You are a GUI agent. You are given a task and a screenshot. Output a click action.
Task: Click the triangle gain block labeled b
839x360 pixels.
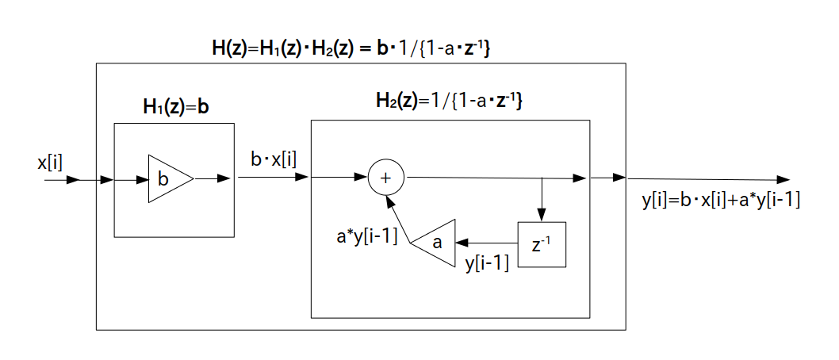167,179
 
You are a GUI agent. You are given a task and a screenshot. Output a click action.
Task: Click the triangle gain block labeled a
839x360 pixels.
435,243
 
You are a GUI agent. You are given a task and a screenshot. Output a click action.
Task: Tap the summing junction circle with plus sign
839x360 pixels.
386,179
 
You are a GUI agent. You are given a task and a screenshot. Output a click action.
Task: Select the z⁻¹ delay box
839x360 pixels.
542,245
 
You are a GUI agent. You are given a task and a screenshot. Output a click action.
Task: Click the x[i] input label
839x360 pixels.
50,163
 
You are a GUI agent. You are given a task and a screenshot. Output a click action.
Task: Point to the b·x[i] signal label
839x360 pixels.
274,159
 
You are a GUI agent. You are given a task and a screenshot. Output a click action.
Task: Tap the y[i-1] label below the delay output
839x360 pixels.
487,262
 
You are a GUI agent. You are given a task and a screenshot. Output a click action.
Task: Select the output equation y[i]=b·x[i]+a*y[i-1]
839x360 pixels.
720,201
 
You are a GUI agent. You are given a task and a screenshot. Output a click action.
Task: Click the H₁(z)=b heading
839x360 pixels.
177,107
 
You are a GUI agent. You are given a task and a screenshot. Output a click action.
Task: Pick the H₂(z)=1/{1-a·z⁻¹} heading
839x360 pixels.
448,102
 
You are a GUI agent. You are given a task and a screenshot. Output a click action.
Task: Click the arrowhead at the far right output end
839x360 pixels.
783,180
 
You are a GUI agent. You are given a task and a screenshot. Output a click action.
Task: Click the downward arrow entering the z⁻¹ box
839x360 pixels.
542,213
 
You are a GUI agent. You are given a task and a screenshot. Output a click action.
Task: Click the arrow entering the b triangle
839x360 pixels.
132,179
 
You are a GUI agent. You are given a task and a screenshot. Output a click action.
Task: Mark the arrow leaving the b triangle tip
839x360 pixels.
213,179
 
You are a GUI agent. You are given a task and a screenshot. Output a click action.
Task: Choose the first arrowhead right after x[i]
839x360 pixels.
73,180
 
